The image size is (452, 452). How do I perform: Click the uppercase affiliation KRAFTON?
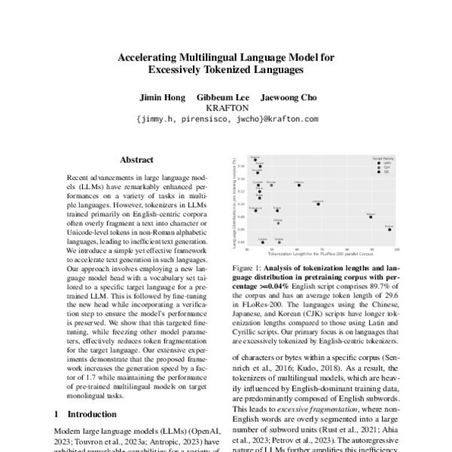(226, 108)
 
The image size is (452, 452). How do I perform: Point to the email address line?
(226, 118)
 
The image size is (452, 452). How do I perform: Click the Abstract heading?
(136, 160)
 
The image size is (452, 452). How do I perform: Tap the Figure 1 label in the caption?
(251, 268)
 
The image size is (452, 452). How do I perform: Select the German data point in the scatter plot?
(255, 160)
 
